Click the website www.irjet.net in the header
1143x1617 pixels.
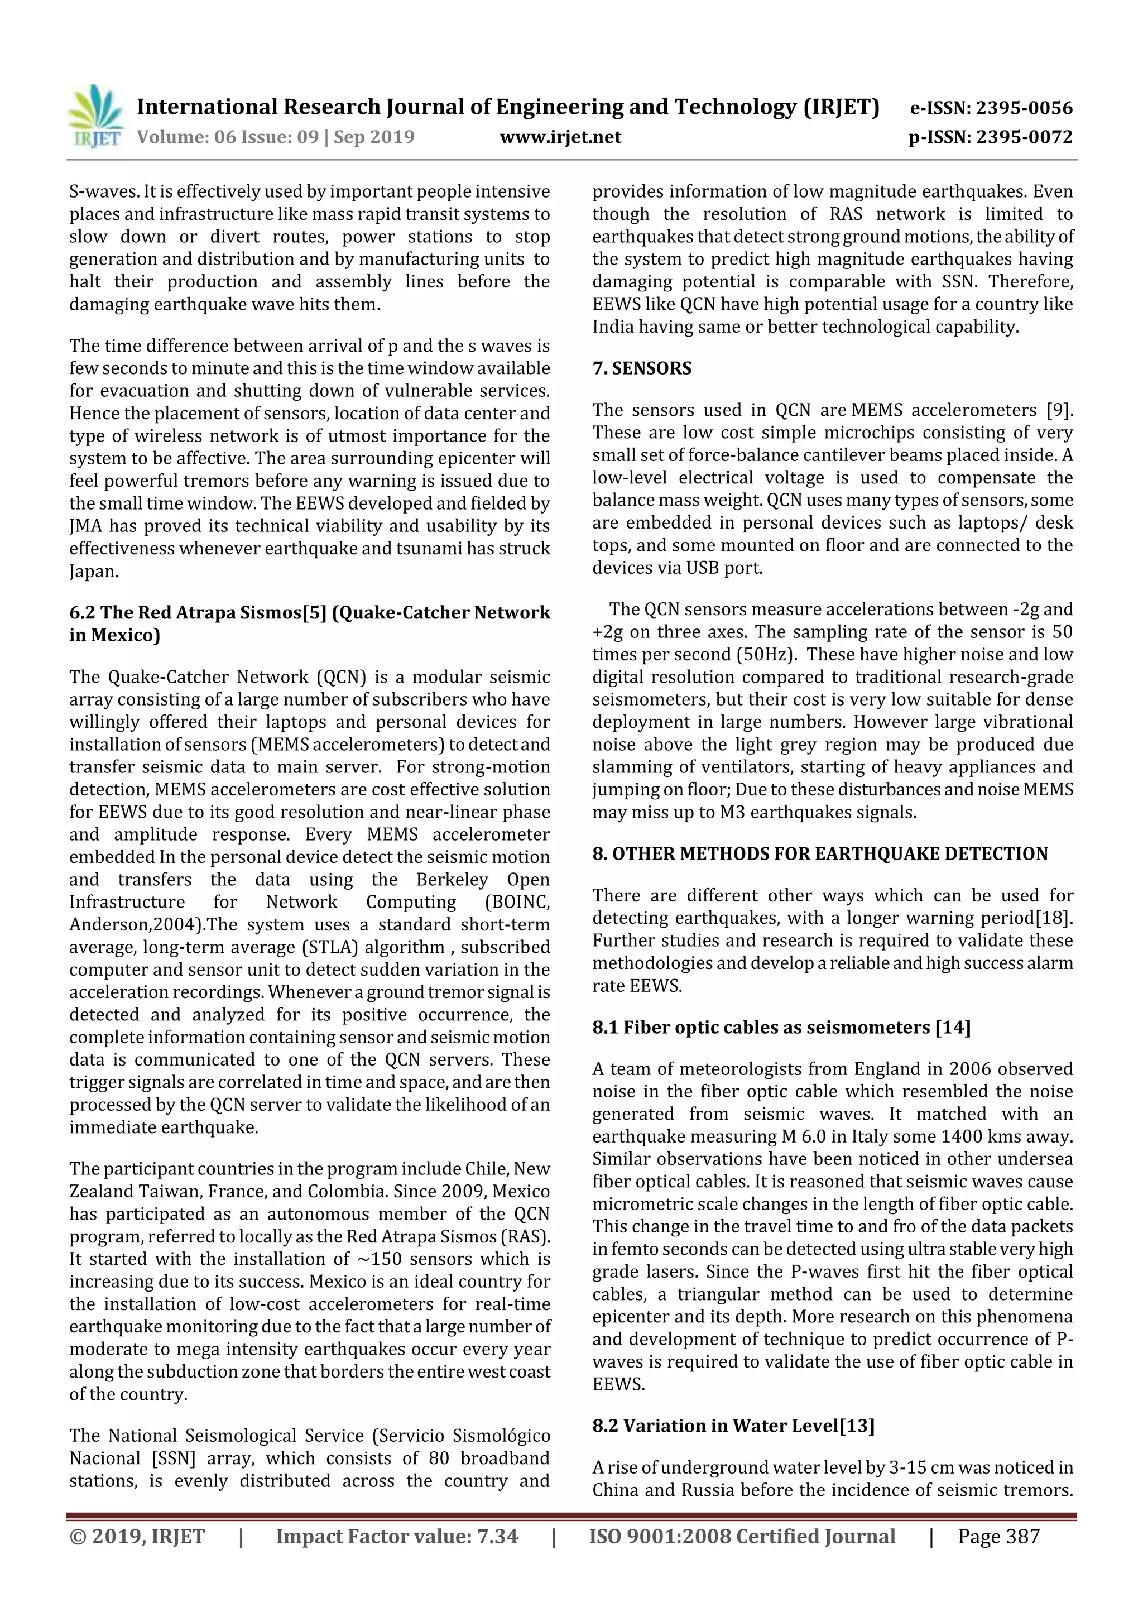(560, 137)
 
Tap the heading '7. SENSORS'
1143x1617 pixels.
(642, 368)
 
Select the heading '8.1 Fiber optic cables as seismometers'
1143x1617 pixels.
(781, 1028)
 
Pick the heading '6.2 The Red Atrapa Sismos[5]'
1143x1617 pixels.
(309, 613)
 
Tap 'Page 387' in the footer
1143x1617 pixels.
(998, 1536)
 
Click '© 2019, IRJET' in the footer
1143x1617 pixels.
(137, 1536)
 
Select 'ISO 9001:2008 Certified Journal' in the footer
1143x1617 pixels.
(742, 1536)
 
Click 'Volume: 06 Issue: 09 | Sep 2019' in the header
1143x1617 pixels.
(275, 137)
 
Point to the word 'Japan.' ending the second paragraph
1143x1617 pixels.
(94, 571)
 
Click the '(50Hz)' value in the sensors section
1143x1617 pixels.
(766, 654)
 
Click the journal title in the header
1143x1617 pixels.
(508, 107)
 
